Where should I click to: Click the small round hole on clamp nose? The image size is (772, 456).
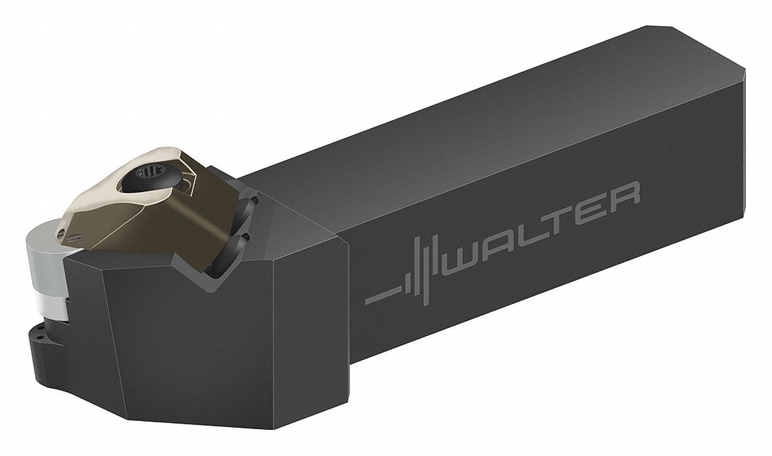pyautogui.click(x=60, y=232)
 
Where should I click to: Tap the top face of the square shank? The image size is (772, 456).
pyautogui.click(x=480, y=124)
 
